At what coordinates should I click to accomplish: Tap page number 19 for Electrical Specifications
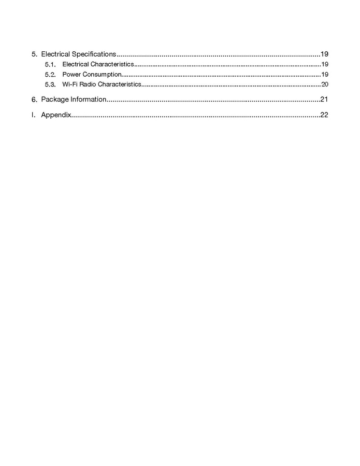(x=324, y=54)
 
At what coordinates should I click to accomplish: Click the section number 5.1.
(x=50, y=65)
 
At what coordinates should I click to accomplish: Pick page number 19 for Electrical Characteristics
(x=324, y=64)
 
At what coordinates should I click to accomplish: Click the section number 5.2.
(x=50, y=75)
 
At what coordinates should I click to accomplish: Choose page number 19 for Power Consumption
(x=324, y=74)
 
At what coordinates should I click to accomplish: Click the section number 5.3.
(x=50, y=84)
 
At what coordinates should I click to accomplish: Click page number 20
(x=324, y=84)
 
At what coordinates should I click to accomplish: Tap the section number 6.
(x=34, y=99)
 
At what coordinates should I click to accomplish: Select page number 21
(x=324, y=99)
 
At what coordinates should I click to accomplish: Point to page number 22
(x=324, y=115)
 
